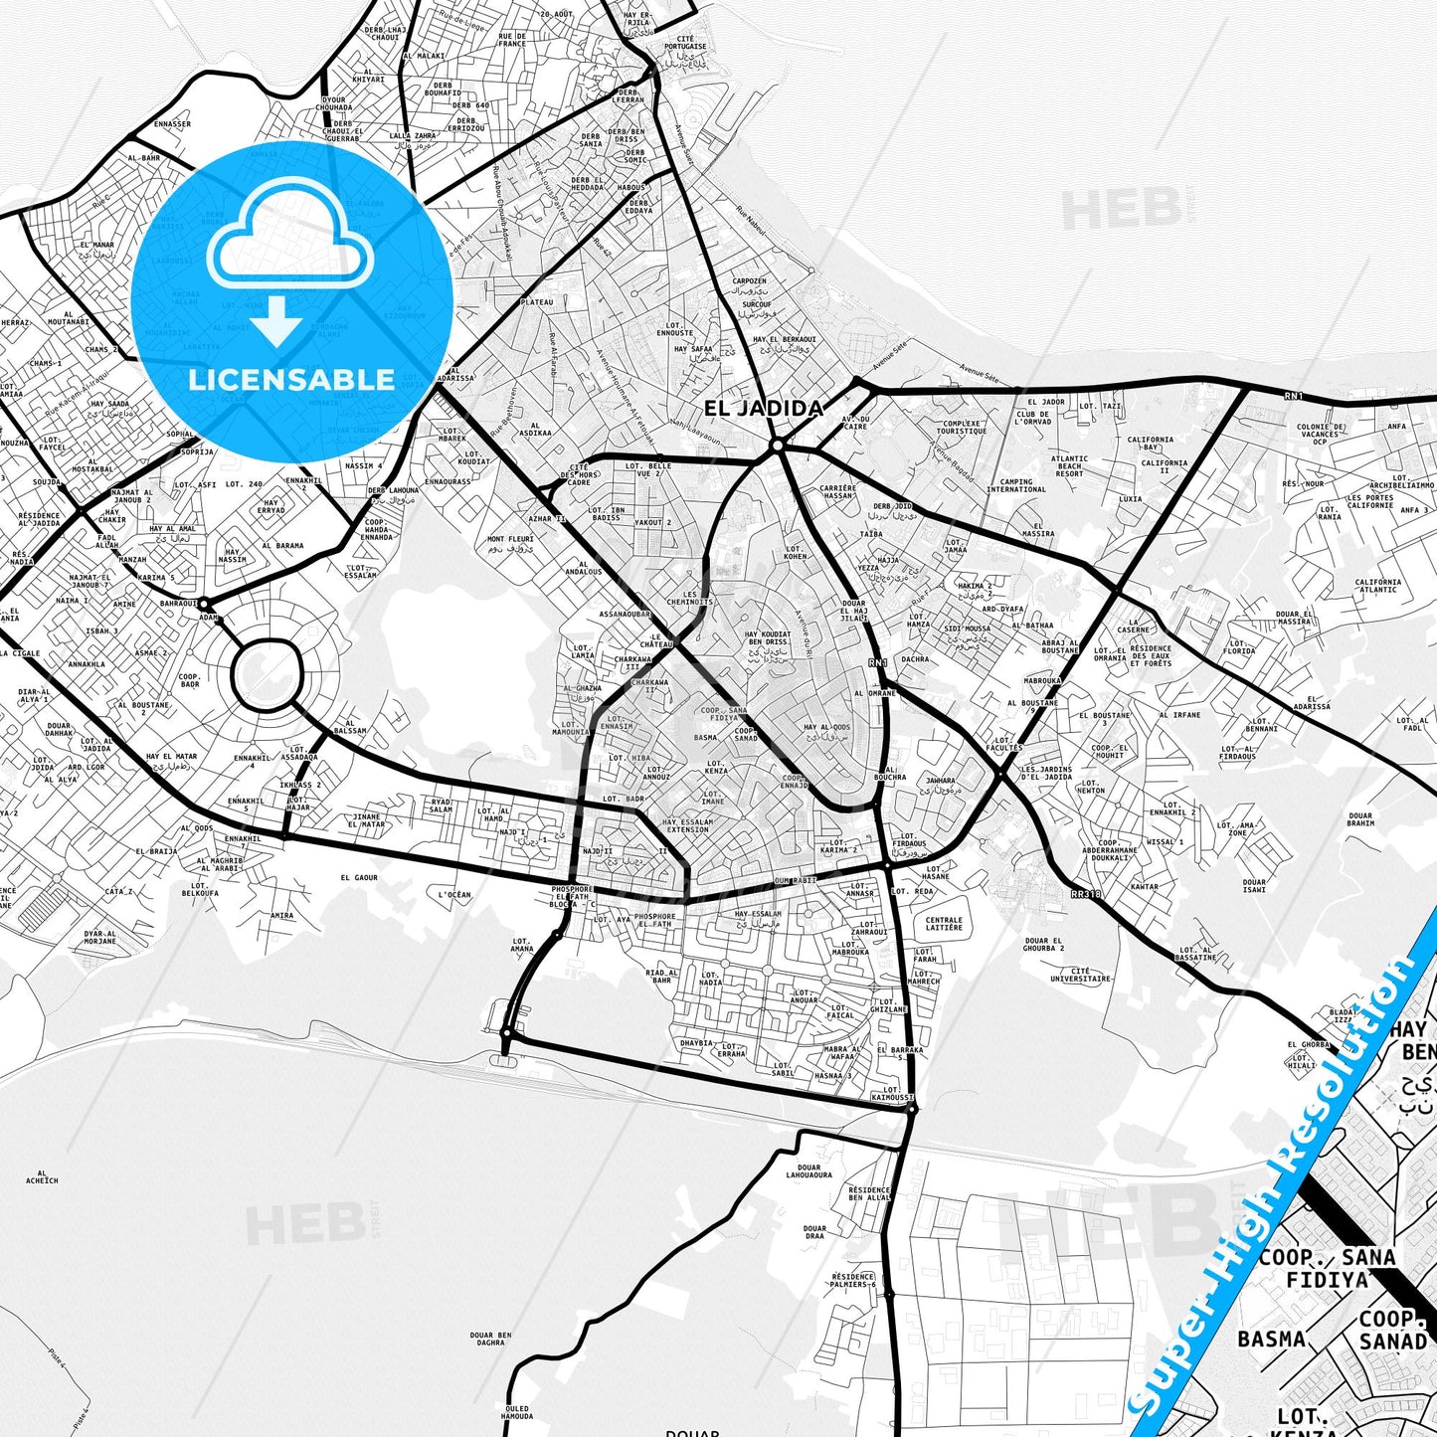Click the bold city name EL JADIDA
[x=764, y=408]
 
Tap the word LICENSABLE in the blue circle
[x=291, y=380]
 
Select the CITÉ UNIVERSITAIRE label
[x=1081, y=975]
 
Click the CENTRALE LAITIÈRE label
[x=944, y=924]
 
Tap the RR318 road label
[x=1086, y=894]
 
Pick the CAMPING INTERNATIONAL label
[x=1016, y=485]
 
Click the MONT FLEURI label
[x=510, y=543]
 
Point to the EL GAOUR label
[x=359, y=878]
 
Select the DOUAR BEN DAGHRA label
[x=490, y=1339]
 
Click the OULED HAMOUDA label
[x=517, y=1412]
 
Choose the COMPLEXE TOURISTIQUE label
[x=961, y=428]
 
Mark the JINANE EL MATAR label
[x=368, y=820]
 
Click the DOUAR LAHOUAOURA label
[x=808, y=1170]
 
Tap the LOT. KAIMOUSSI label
[x=891, y=1094]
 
